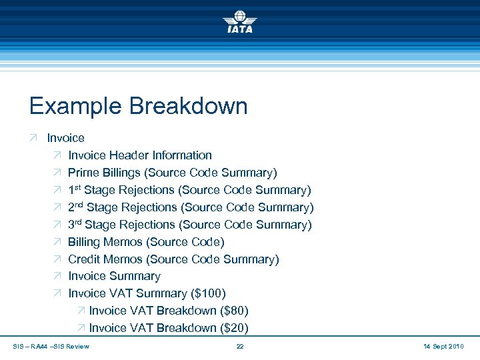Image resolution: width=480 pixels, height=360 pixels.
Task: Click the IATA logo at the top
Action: [239, 21]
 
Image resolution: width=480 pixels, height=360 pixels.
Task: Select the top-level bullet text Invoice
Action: [65, 138]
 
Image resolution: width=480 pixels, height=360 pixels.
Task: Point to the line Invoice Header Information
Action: [140, 155]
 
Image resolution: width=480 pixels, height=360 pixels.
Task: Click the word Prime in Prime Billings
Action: [83, 173]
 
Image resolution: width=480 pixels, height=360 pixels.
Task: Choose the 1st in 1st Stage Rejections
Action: [75, 190]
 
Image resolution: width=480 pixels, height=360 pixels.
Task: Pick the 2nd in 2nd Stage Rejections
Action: [76, 207]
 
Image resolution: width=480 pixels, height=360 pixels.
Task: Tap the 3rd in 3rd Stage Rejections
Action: [75, 225]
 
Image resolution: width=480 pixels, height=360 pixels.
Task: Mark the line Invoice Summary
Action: [114, 276]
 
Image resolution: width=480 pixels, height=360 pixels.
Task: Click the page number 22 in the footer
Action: [240, 347]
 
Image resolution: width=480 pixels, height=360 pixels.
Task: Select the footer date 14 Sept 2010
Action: [443, 347]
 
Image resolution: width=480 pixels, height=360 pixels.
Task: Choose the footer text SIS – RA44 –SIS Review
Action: [51, 347]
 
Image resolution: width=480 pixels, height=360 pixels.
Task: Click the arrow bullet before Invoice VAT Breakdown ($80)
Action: [81, 311]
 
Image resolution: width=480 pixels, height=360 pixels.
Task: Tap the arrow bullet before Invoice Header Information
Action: [57, 155]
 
